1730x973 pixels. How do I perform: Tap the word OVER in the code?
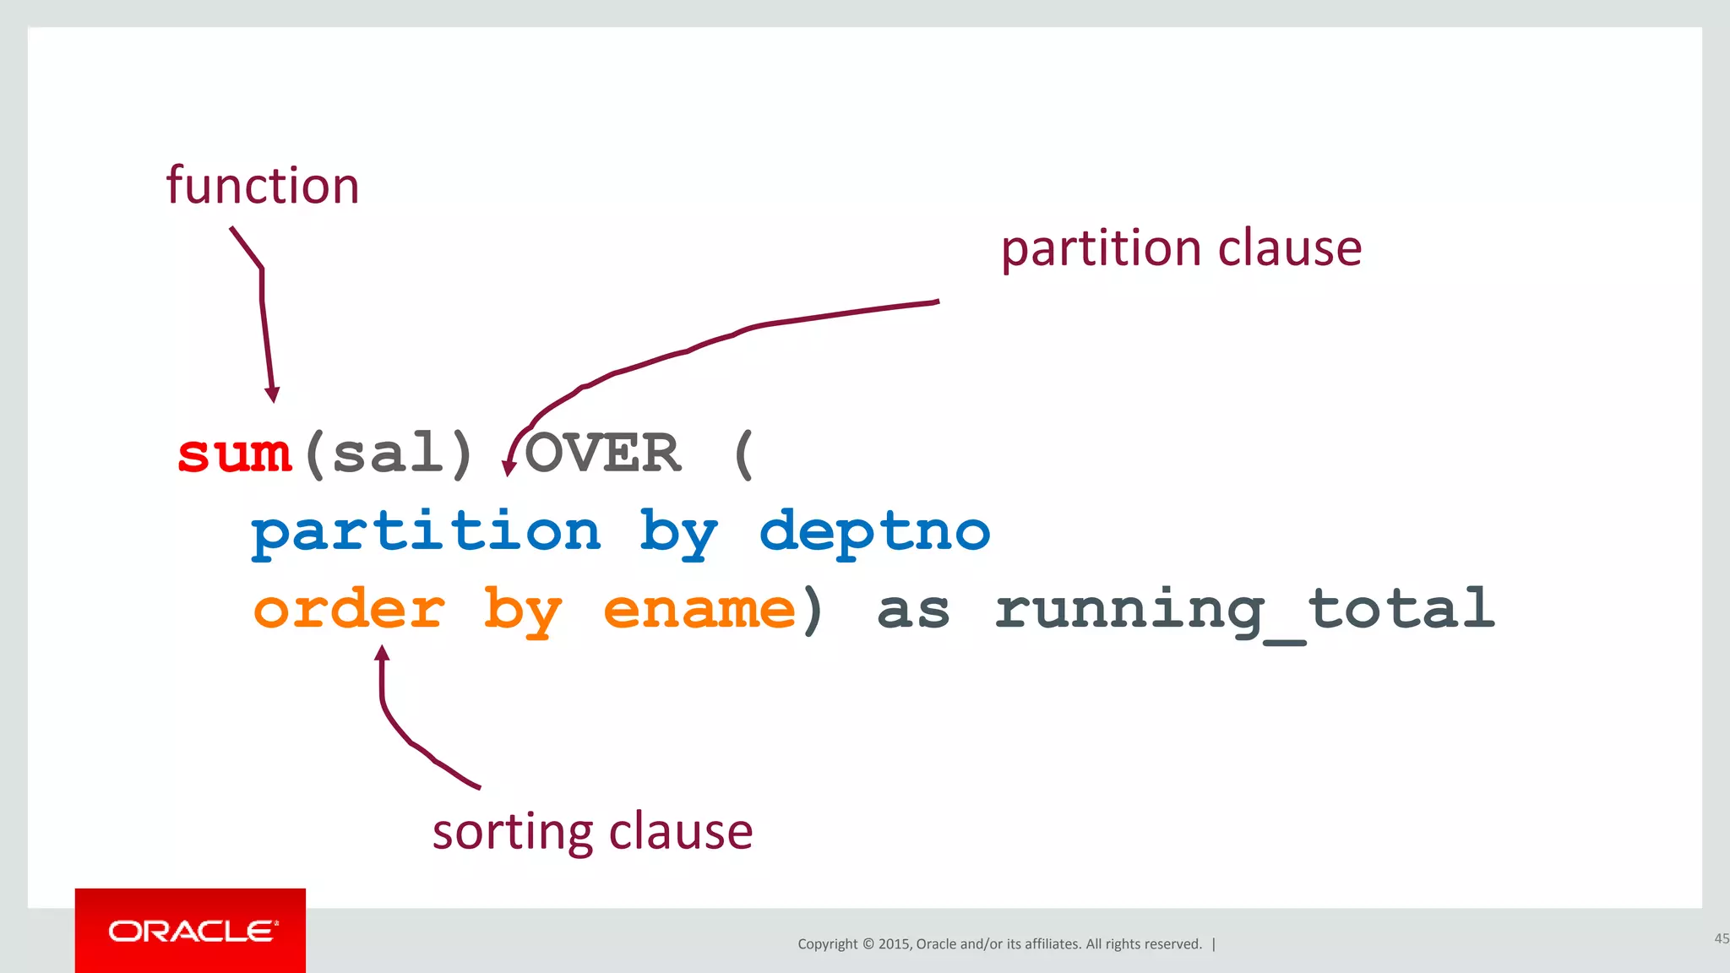click(602, 453)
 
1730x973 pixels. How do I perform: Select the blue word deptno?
click(874, 532)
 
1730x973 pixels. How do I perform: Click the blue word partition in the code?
click(426, 532)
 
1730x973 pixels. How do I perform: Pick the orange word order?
click(349, 610)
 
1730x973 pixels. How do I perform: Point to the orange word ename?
click(699, 610)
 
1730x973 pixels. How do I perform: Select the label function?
click(263, 186)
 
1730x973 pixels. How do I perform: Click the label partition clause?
click(1181, 248)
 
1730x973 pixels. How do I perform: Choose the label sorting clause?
click(592, 831)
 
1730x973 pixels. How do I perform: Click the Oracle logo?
click(191, 931)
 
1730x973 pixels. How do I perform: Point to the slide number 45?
click(1721, 938)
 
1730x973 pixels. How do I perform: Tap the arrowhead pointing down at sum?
click(272, 394)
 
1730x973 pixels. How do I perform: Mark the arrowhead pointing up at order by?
click(382, 653)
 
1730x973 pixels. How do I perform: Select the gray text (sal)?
click(389, 454)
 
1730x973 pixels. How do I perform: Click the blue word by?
click(678, 534)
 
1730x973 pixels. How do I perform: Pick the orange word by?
click(522, 612)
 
